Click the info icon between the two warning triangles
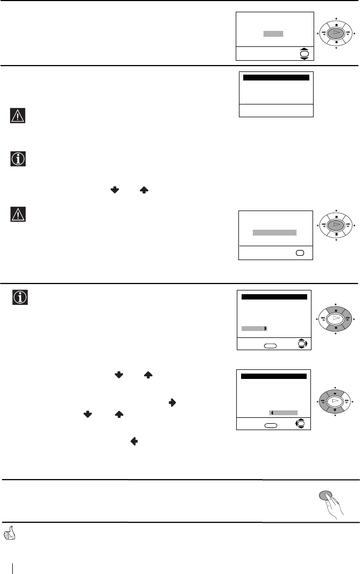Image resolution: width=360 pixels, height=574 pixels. (18, 159)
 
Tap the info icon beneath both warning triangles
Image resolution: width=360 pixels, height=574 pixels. (20, 297)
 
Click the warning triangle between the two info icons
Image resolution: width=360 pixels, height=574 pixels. (18, 215)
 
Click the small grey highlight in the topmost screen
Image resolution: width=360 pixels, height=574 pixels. (273, 34)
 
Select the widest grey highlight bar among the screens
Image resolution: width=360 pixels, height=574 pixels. (274, 233)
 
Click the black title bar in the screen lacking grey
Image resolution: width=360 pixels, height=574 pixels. (276, 78)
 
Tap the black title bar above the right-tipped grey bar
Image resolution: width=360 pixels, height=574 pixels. (274, 297)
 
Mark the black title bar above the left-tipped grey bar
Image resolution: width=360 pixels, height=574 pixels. (274, 377)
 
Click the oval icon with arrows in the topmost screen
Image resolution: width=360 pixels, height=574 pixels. (304, 54)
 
